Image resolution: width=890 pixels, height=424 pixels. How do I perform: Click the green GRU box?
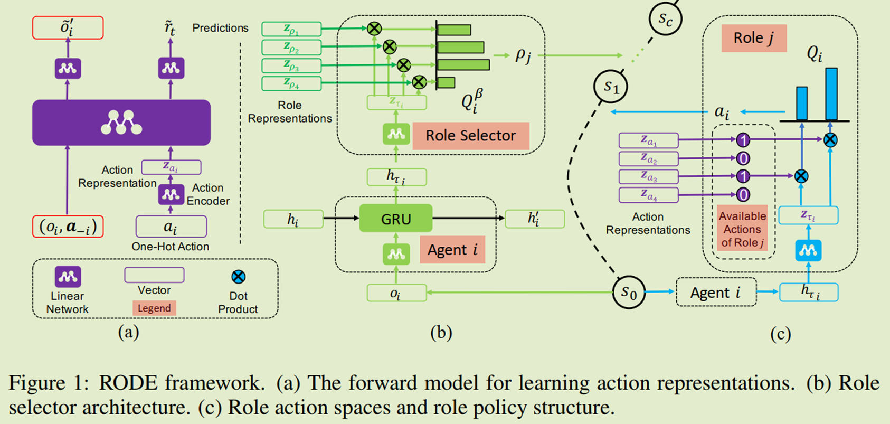pyautogui.click(x=395, y=219)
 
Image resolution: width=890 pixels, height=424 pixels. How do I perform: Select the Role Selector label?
pyautogui.click(x=470, y=136)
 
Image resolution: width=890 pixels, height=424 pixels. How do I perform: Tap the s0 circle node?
pyautogui.click(x=629, y=292)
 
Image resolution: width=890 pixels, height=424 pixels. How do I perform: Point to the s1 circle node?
pyautogui.click(x=611, y=87)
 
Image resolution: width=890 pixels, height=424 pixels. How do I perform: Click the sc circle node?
pyautogui.click(x=665, y=19)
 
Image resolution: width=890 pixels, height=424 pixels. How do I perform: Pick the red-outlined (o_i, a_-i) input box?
pyautogui.click(x=68, y=227)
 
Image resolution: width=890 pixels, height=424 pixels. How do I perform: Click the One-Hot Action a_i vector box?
pyautogui.click(x=171, y=227)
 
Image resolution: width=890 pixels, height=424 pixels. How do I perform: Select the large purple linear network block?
pyautogui.click(x=121, y=123)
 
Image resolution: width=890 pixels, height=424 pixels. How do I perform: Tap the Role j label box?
pyautogui.click(x=753, y=39)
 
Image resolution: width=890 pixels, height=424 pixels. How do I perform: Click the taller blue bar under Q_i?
pyautogui.click(x=831, y=94)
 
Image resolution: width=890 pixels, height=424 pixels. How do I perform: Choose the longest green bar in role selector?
pyautogui.click(x=463, y=64)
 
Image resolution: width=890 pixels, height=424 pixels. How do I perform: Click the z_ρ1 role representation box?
pyautogui.click(x=291, y=29)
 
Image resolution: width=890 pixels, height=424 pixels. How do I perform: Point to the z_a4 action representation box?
pyautogui.click(x=648, y=195)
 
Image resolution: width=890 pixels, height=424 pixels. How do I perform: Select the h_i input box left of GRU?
pyautogui.click(x=293, y=219)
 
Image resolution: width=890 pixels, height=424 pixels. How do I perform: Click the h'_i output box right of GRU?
pyautogui.click(x=535, y=219)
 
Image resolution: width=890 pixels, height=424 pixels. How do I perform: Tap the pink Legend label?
pyautogui.click(x=154, y=308)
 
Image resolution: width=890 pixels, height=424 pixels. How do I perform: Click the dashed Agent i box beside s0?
pyautogui.click(x=716, y=292)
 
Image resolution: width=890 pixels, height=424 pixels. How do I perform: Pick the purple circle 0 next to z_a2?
pyautogui.click(x=743, y=158)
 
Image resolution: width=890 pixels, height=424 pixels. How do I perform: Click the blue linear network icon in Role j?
pyautogui.click(x=808, y=251)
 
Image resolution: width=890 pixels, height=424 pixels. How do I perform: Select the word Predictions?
pyautogui.click(x=220, y=28)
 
